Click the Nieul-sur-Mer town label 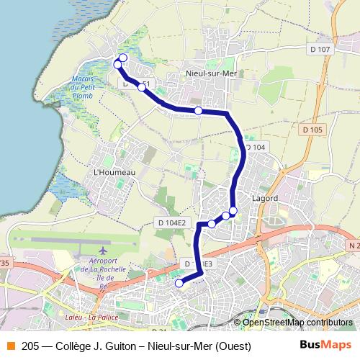(212, 73)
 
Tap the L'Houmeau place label (114, 172)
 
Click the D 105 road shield (314, 130)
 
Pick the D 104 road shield (255, 147)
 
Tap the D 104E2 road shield (171, 223)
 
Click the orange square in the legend (10, 346)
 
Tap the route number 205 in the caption (31, 346)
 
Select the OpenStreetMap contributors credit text (297, 322)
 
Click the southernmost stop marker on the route (179, 283)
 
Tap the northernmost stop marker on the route (123, 58)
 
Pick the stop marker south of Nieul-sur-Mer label (198, 110)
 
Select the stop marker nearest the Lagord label (233, 210)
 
